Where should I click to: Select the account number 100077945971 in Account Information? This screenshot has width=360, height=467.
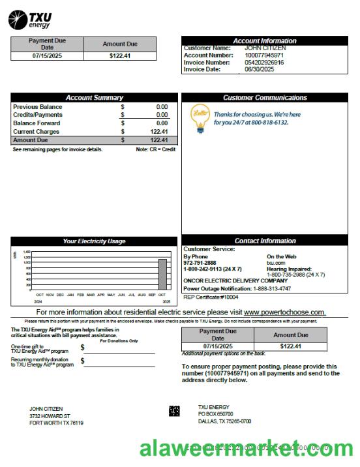coord(264,55)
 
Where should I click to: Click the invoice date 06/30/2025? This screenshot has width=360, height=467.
coord(260,69)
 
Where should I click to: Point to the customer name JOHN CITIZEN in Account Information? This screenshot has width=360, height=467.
coord(265,48)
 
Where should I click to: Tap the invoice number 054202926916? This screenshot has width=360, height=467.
coord(264,63)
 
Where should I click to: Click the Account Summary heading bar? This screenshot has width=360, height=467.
coord(94,98)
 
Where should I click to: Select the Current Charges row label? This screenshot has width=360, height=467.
coord(37,132)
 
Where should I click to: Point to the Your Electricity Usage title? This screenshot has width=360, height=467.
coord(94,241)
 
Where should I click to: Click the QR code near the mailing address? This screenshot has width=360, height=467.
coord(174,411)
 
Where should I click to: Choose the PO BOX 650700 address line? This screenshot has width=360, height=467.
coord(215,414)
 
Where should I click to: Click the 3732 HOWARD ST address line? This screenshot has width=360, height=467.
coord(50,416)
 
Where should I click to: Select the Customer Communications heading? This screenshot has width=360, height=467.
coord(264,98)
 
